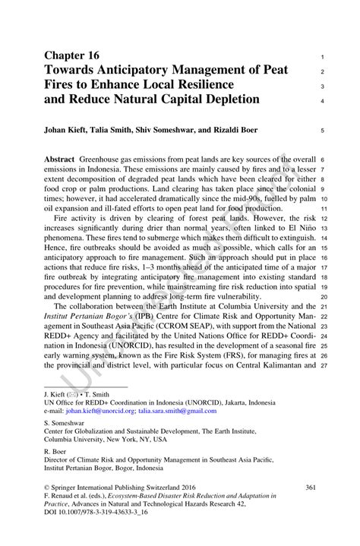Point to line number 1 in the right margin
click(x=323, y=57)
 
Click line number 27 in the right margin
click(x=324, y=365)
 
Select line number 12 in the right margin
click(x=324, y=216)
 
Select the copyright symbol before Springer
click(x=48, y=487)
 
